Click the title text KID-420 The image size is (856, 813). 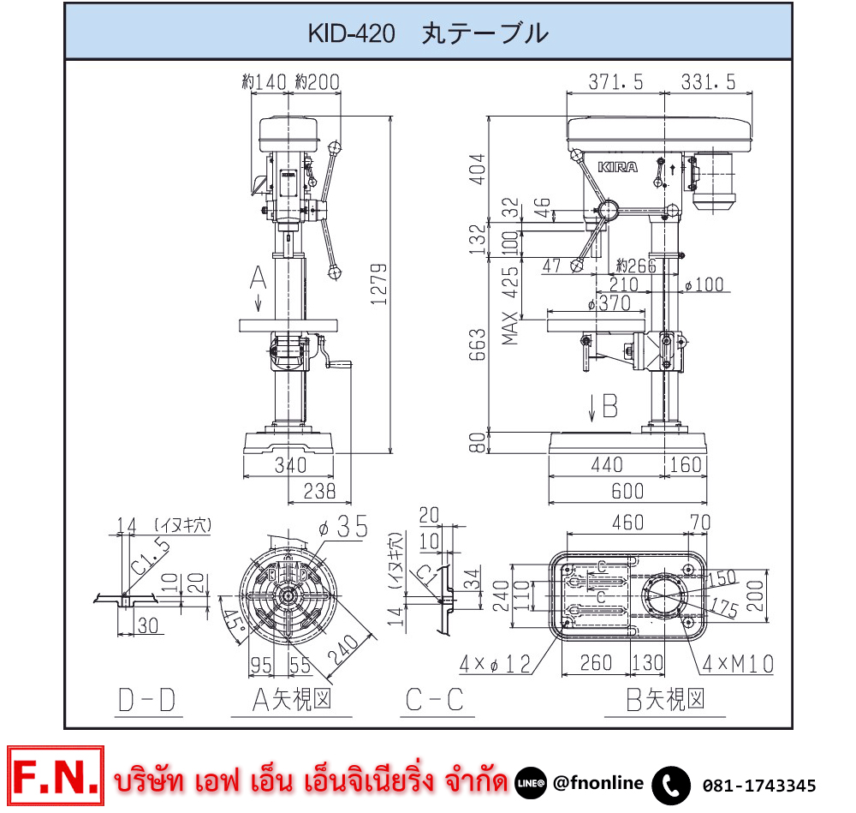(x=351, y=34)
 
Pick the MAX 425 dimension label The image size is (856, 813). (x=511, y=305)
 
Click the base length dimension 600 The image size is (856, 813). (x=627, y=492)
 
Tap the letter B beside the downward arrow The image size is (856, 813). (x=609, y=406)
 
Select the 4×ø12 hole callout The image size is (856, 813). (x=496, y=663)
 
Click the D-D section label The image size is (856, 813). (x=146, y=701)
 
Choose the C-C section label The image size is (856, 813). (x=434, y=701)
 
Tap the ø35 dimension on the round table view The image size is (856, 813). (x=346, y=526)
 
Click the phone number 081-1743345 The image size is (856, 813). (x=758, y=786)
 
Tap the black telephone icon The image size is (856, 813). (x=671, y=785)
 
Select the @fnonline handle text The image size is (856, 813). (x=598, y=783)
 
